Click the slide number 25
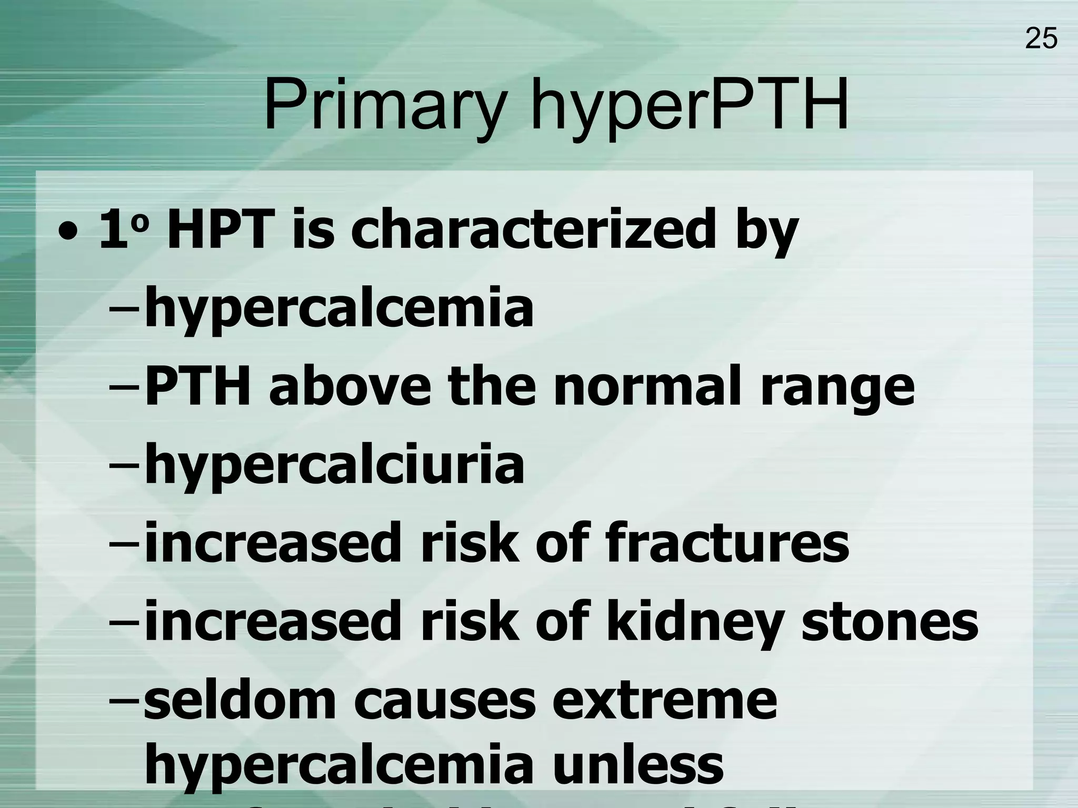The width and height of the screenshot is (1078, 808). (x=1041, y=38)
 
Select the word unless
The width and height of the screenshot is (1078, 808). (x=637, y=764)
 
